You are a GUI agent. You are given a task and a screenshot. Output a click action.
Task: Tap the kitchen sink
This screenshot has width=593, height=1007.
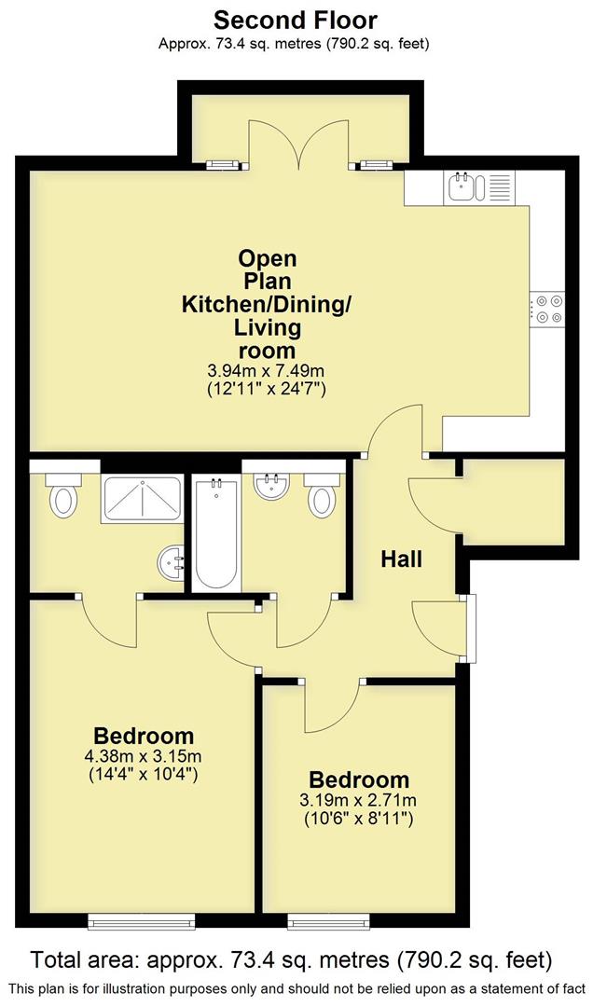click(463, 186)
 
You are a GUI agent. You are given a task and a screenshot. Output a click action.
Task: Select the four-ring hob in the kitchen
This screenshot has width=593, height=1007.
click(547, 310)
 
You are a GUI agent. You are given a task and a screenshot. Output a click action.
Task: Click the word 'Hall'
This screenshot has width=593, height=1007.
click(401, 559)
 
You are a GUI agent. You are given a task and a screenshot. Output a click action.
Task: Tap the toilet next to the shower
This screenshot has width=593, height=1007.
click(63, 497)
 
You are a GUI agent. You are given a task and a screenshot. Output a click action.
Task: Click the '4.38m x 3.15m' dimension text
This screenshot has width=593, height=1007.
click(144, 756)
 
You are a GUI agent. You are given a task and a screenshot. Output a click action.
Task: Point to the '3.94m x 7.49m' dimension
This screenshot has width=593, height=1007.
click(267, 371)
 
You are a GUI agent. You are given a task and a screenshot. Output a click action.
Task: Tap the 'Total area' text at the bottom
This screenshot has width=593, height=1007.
click(292, 959)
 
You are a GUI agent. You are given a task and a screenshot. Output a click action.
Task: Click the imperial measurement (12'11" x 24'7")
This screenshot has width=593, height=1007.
click(267, 390)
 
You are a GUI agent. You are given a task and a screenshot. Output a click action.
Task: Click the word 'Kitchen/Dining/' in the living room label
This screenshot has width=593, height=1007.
click(267, 304)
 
